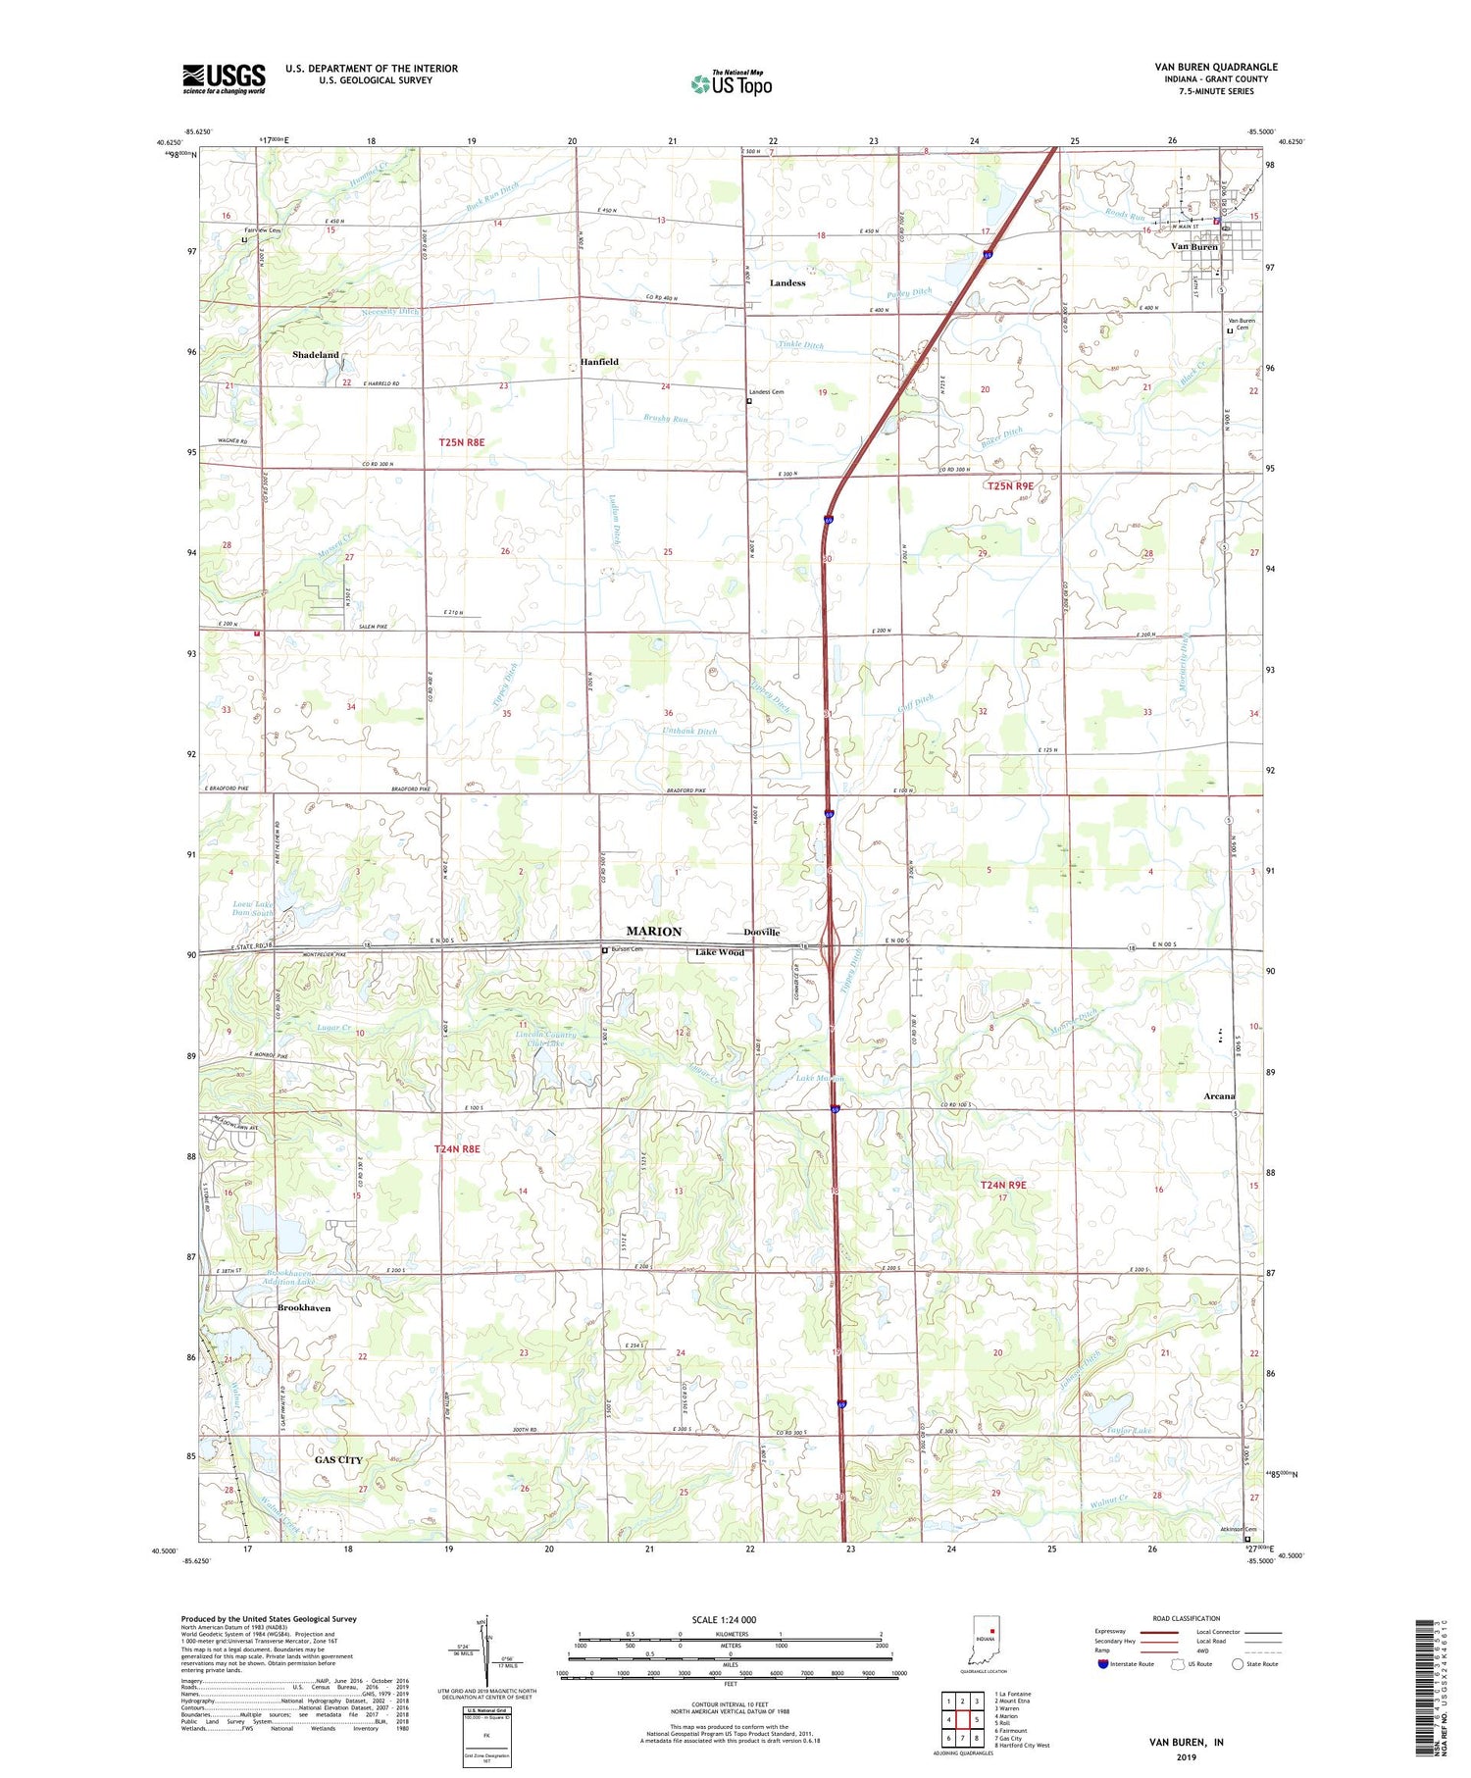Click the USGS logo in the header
point(224,78)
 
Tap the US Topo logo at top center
point(731,84)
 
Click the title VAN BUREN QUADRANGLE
point(1215,67)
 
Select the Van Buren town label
point(1193,247)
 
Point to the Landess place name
point(786,283)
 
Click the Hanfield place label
point(598,362)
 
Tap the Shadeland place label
point(315,355)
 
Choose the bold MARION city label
point(653,932)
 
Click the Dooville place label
point(761,933)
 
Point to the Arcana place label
point(1219,1095)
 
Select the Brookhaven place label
point(304,1308)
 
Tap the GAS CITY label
point(338,1460)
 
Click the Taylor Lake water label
point(1129,1431)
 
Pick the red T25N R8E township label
point(461,443)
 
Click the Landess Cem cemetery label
point(766,392)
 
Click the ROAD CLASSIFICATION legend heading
point(1187,1618)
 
